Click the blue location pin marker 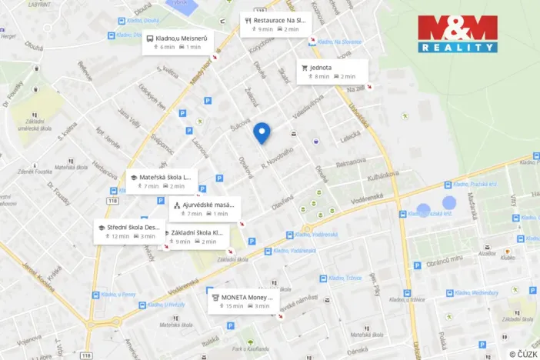(x=262, y=132)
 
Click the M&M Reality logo (x=457, y=34)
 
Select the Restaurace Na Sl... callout (x=273, y=24)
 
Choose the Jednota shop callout (x=332, y=72)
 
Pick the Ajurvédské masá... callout (x=205, y=209)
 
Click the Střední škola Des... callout (x=129, y=232)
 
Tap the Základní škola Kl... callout (x=196, y=236)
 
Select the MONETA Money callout (x=242, y=301)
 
